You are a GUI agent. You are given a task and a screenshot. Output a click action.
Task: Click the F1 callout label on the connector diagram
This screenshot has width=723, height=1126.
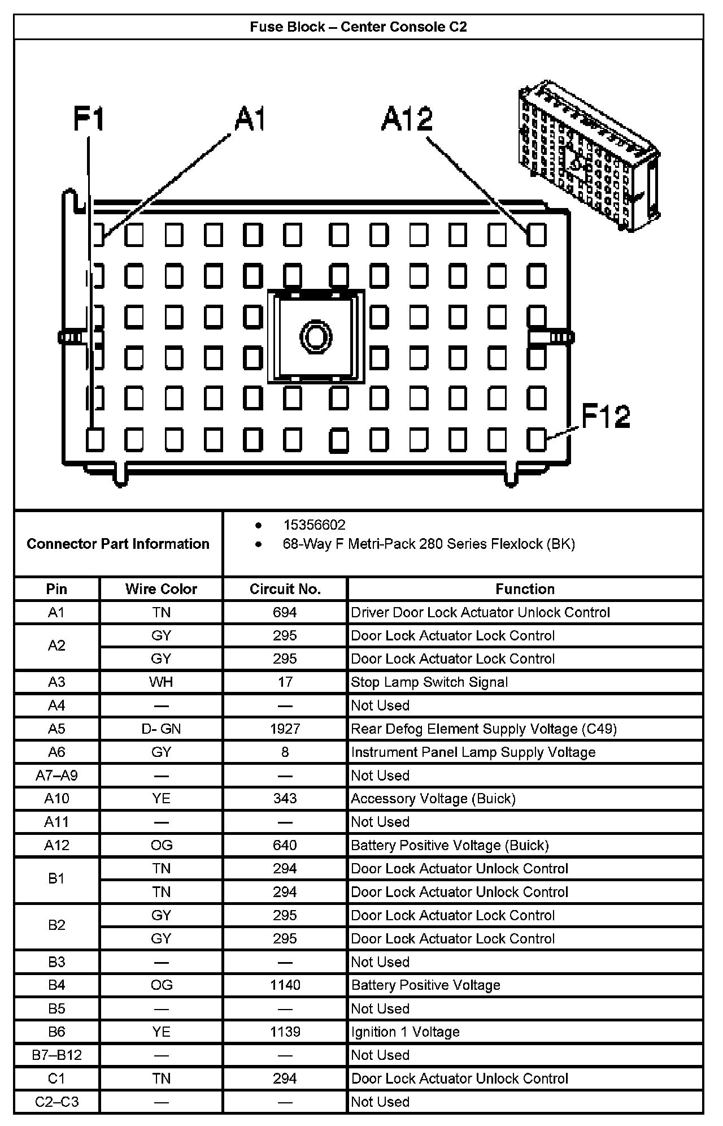pyautogui.click(x=89, y=120)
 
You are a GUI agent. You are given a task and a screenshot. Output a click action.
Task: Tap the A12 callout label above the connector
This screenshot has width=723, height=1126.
pyautogui.click(x=407, y=119)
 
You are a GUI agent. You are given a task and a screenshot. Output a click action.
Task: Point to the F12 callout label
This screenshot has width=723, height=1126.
pyautogui.click(x=606, y=417)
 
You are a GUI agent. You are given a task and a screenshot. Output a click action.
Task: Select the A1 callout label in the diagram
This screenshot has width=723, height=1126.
pyautogui.click(x=249, y=119)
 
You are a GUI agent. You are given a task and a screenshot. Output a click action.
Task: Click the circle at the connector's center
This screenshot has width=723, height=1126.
pyautogui.click(x=316, y=337)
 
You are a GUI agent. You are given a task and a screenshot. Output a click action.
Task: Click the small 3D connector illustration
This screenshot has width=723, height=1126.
pyautogui.click(x=589, y=155)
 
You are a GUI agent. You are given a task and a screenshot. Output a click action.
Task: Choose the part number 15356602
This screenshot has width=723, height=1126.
pyautogui.click(x=314, y=525)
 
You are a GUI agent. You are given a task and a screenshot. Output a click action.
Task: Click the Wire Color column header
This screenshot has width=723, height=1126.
pyautogui.click(x=161, y=589)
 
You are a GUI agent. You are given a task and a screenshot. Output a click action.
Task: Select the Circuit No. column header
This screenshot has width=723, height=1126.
pyautogui.click(x=285, y=589)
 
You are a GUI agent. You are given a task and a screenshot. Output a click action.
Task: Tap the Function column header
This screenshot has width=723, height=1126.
pyautogui.click(x=525, y=589)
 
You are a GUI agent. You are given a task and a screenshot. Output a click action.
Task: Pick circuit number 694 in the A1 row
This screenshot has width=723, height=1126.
pyautogui.click(x=285, y=612)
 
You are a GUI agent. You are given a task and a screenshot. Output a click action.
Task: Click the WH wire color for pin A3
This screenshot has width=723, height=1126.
pyautogui.click(x=161, y=682)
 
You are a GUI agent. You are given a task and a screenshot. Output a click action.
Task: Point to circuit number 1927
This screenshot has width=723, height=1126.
pyautogui.click(x=285, y=729)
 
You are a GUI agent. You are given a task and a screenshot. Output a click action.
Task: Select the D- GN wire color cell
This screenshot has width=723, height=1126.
pyautogui.click(x=161, y=729)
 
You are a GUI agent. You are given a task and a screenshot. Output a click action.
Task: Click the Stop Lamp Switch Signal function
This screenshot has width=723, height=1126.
pyautogui.click(x=429, y=682)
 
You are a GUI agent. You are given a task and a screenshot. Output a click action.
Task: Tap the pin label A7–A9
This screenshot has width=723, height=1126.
pyautogui.click(x=56, y=776)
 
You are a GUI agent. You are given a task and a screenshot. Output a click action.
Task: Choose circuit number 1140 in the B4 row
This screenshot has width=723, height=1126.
pyautogui.click(x=285, y=985)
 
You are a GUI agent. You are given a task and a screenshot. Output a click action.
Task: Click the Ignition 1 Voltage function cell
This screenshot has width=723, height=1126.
pyautogui.click(x=405, y=1032)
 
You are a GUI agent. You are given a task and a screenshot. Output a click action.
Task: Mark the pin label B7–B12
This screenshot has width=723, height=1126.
pyautogui.click(x=56, y=1055)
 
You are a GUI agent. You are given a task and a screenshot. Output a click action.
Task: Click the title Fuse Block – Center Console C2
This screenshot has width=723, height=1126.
pyautogui.click(x=358, y=27)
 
